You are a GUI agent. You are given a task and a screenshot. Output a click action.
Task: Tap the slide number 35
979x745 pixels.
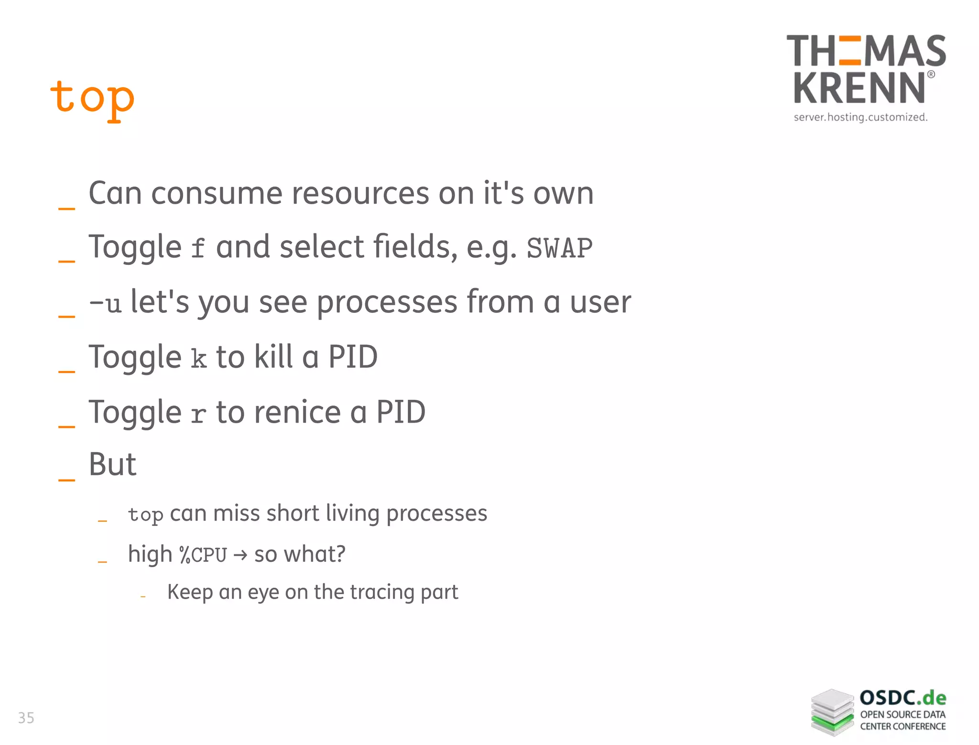[x=26, y=718]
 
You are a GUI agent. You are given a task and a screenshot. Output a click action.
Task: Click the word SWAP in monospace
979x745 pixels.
[x=559, y=248]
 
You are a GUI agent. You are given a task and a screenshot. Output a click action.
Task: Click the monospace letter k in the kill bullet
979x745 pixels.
[x=199, y=358]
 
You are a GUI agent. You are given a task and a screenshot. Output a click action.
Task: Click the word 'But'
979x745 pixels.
[x=113, y=464]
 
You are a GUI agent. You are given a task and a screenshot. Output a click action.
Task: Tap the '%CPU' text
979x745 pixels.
[x=203, y=555]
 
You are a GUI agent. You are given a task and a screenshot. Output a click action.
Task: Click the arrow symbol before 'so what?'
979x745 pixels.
[x=240, y=555]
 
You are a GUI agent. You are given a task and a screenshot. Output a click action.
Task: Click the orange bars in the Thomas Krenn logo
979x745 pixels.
[x=849, y=50]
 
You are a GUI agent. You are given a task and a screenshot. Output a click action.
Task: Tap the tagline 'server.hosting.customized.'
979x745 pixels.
[x=860, y=117]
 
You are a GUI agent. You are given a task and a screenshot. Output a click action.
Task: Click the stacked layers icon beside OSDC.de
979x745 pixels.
[x=832, y=712]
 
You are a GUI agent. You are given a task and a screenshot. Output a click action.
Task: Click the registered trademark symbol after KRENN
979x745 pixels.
[x=931, y=75]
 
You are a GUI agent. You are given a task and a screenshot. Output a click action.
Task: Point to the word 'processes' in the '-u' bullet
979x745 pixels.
[x=387, y=303]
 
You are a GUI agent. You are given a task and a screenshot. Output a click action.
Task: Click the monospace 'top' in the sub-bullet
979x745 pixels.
[x=146, y=515]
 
